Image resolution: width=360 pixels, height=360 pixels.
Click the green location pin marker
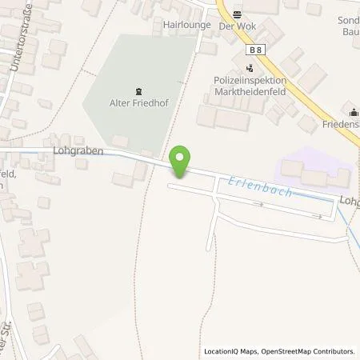pos(182,162)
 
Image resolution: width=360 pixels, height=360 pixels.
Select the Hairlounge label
pos(186,25)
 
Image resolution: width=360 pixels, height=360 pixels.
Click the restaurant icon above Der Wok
pos(238,14)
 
